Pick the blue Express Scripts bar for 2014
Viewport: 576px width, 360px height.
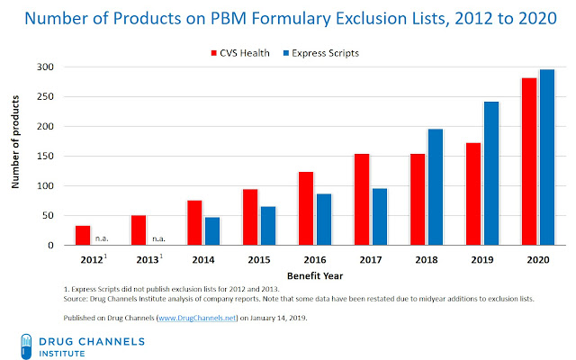point(212,231)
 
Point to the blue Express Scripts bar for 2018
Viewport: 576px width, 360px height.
point(436,187)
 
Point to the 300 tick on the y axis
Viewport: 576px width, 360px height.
point(54,67)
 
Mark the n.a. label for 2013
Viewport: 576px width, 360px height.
point(158,238)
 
